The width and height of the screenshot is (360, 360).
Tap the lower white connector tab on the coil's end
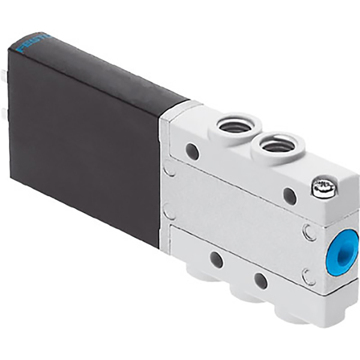5,113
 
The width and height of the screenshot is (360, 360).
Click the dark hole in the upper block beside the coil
192,151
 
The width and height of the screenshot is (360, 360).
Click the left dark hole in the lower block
216,260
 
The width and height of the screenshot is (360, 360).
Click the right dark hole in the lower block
260,281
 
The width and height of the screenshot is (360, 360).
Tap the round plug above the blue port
309,232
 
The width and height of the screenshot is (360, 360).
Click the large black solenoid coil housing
84,138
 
